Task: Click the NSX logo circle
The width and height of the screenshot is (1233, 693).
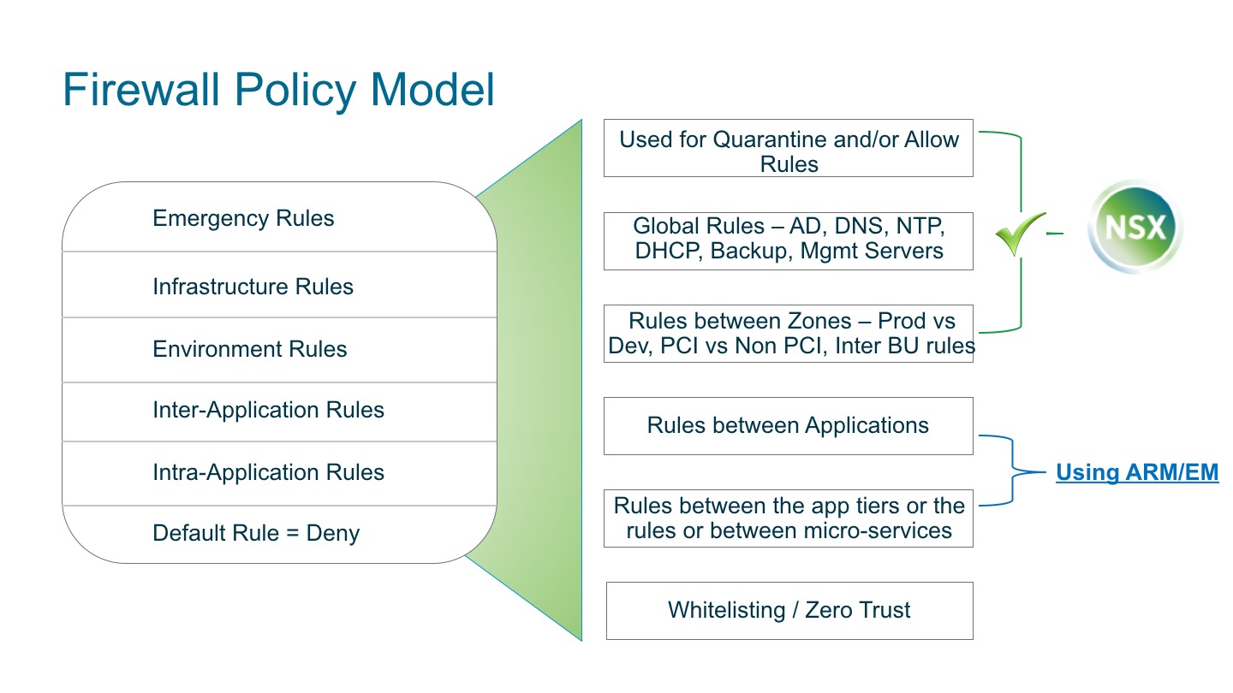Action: click(1135, 228)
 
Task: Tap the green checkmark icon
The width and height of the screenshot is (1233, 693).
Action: click(1020, 234)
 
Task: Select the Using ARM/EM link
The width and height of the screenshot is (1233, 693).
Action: click(1136, 472)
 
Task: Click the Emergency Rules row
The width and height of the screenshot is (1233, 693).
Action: click(243, 218)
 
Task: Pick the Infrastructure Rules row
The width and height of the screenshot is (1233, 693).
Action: click(253, 287)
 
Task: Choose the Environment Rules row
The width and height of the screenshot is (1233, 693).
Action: click(249, 349)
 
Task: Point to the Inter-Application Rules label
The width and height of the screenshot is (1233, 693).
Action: click(268, 411)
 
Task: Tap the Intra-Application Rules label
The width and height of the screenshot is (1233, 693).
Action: click(268, 472)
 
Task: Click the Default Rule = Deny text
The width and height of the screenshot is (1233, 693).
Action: click(255, 533)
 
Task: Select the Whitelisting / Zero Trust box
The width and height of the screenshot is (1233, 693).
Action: click(789, 610)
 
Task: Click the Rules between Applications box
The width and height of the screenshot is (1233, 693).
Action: click(788, 425)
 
